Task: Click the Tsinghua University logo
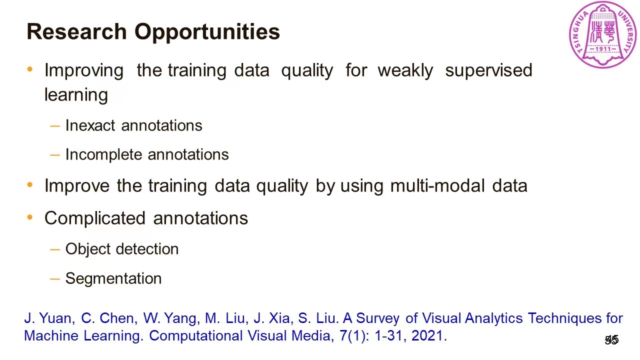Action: pos(603,34)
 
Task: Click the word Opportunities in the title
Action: pos(207,31)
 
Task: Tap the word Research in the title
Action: pos(76,31)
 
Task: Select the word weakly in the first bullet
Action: pos(405,70)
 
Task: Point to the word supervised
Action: pos(488,70)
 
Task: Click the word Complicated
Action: pos(95,218)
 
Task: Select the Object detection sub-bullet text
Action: pos(121,249)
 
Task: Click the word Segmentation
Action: pos(113,278)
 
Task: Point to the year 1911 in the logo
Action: pos(603,49)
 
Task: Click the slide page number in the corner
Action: pos(611,340)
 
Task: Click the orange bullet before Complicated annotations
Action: pos(30,217)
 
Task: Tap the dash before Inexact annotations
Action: pos(55,125)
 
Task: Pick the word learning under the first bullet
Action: pos(76,95)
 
